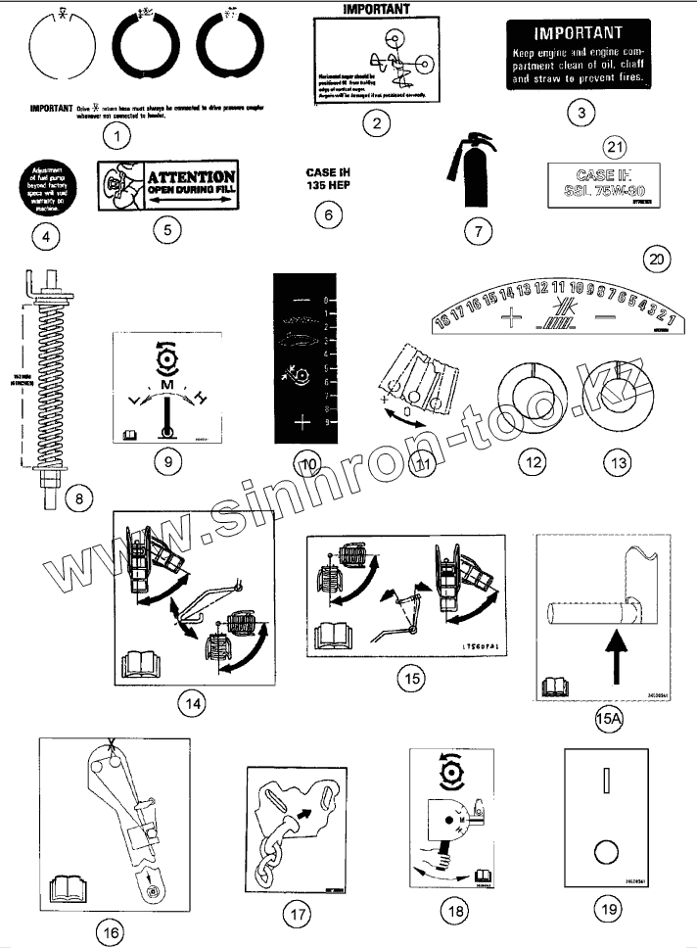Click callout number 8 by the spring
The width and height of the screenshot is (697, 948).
[79, 498]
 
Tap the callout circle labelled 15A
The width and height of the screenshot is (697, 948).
[608, 721]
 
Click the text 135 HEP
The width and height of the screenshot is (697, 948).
[328, 187]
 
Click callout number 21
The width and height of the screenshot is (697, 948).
[614, 148]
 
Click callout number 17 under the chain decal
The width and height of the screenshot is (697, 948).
[296, 914]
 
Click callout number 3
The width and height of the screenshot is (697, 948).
[581, 112]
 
